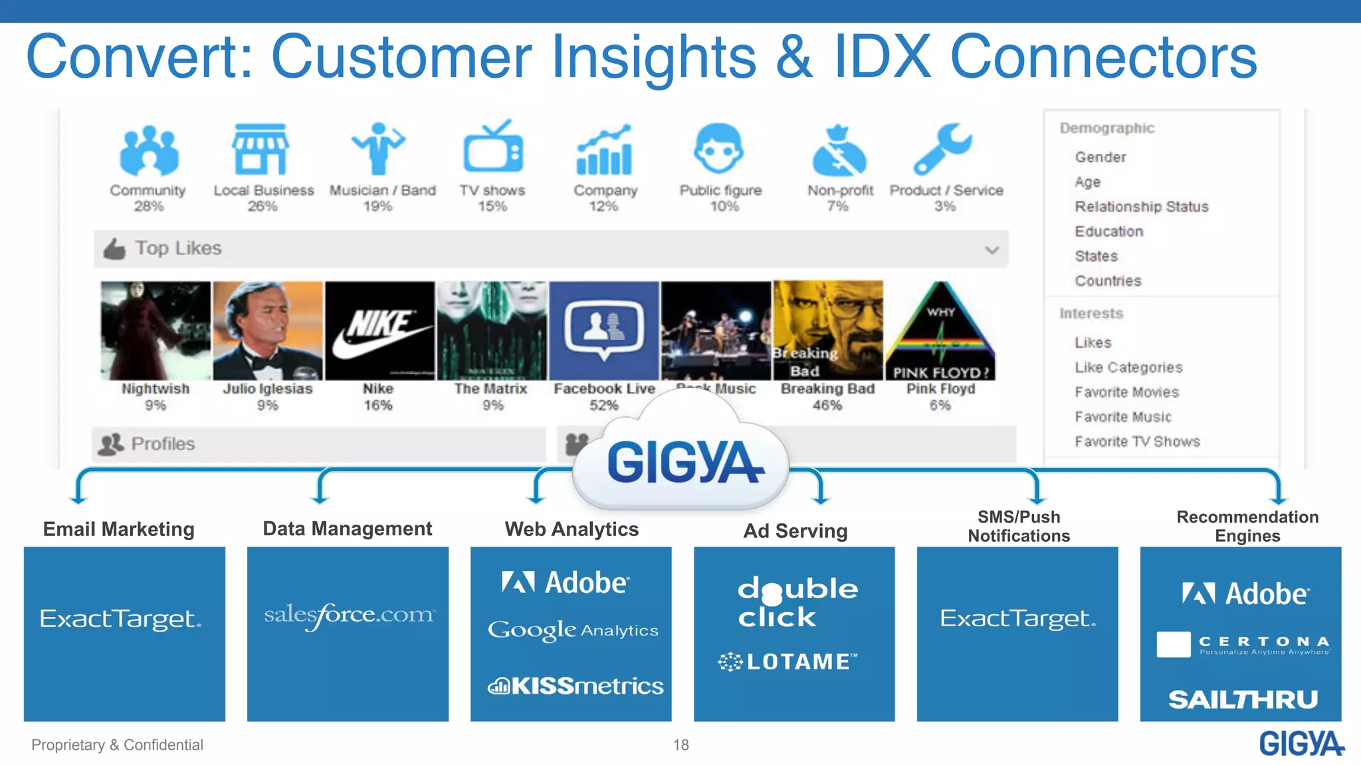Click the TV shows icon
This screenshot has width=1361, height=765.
tap(493, 147)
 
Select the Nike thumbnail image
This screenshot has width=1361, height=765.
tap(379, 330)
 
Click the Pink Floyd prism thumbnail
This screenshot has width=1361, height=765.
tap(940, 330)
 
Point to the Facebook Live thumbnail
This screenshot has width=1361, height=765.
tap(604, 330)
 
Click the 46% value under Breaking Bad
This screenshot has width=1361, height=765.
tap(827, 405)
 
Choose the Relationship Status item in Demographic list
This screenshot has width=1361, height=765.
tap(1141, 207)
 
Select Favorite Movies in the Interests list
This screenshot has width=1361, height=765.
tap(1126, 392)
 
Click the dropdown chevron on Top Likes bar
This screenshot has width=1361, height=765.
tap(992, 250)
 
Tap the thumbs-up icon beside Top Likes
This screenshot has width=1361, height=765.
tap(114, 249)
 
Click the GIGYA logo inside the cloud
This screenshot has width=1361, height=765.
tap(684, 463)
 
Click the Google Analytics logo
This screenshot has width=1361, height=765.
tap(572, 630)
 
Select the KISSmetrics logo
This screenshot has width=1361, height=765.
tap(575, 685)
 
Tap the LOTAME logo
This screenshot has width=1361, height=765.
tap(787, 661)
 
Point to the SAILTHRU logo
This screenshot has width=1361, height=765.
tap(1242, 699)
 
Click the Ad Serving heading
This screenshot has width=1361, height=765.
tap(795, 531)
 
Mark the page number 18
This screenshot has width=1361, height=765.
tap(680, 745)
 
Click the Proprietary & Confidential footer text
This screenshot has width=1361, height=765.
tap(117, 745)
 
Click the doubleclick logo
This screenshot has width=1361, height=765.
tap(796, 602)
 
